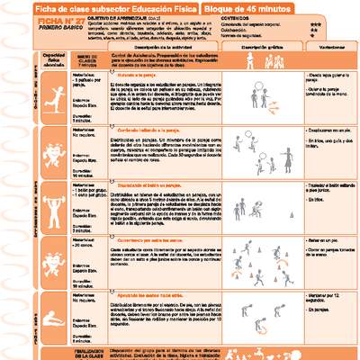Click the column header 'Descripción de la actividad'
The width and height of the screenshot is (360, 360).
(141, 66)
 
